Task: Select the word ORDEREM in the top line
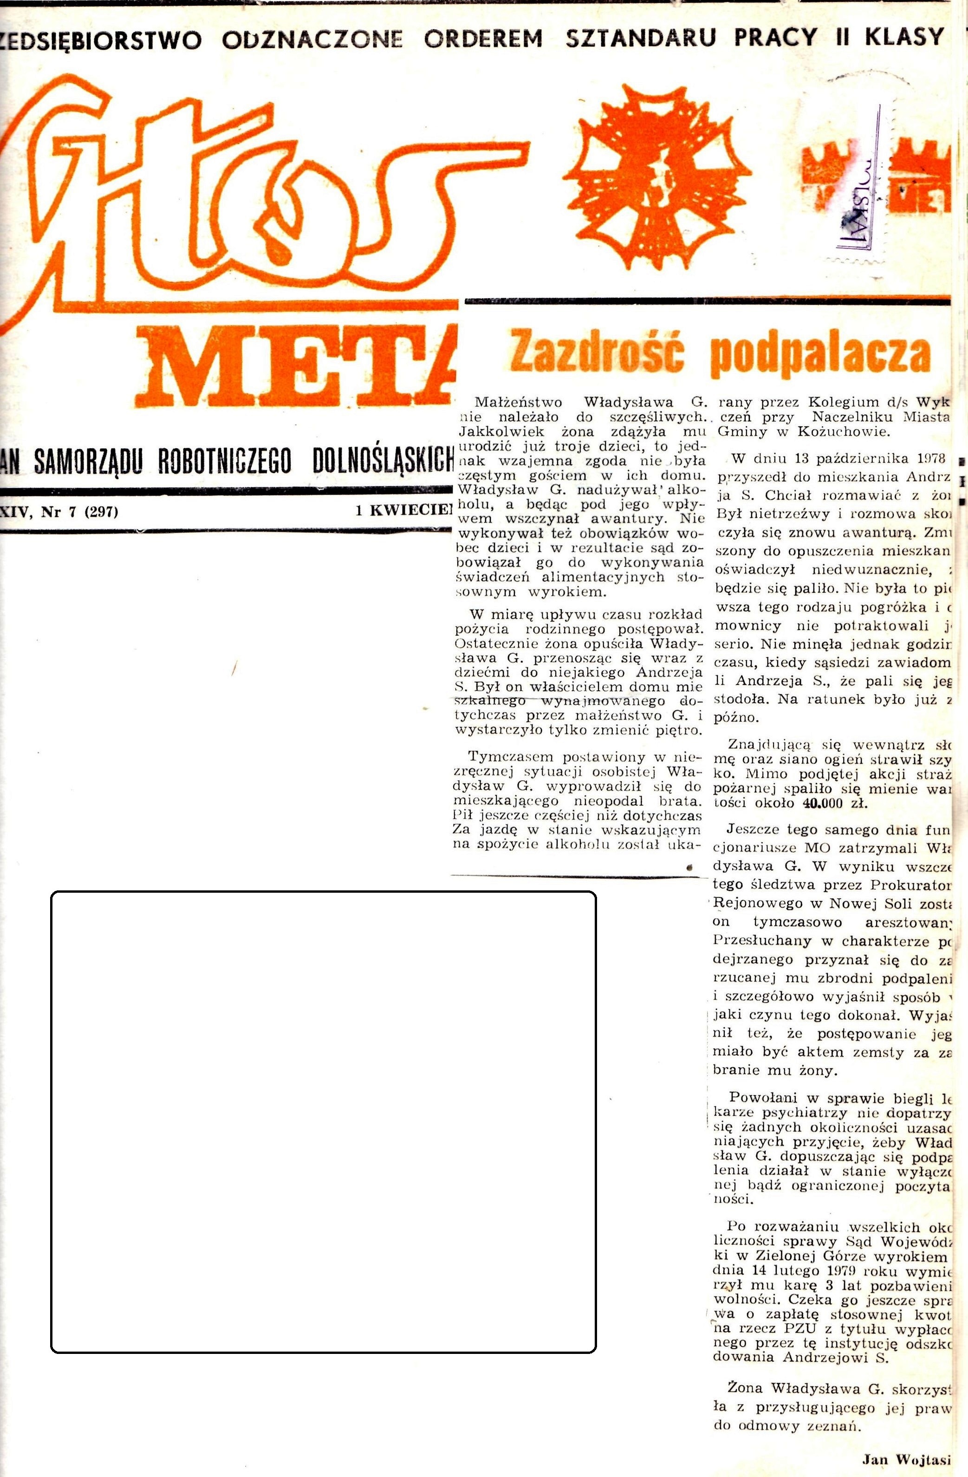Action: (x=483, y=39)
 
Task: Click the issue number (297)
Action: (x=101, y=512)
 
